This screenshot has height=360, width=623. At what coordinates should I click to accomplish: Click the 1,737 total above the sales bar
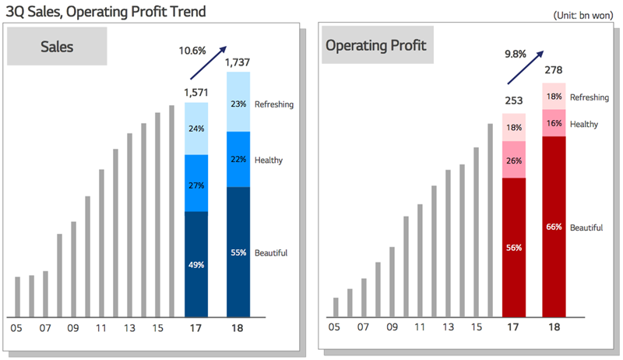238,62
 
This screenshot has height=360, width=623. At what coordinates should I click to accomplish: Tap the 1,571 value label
196,93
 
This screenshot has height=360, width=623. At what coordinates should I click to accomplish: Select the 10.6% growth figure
192,51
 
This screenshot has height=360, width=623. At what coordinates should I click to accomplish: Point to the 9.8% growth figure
516,54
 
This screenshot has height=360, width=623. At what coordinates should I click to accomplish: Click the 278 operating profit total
554,70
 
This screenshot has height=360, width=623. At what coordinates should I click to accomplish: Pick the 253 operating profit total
514,101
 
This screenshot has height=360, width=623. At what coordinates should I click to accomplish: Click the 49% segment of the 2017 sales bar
196,264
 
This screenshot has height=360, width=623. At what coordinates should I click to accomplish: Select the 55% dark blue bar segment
238,252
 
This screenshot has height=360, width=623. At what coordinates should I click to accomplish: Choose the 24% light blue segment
196,129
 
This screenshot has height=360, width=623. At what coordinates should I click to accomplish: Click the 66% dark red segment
554,227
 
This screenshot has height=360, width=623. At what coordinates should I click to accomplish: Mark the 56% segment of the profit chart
514,248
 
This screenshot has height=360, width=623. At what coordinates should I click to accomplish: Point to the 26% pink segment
514,160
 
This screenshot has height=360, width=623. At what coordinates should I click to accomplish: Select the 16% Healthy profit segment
554,123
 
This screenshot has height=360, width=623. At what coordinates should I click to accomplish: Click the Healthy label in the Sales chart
269,161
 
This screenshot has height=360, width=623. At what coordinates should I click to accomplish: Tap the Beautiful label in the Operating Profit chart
586,228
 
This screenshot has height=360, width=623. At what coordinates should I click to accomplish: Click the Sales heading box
57,46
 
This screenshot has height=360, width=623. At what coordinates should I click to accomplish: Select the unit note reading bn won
583,16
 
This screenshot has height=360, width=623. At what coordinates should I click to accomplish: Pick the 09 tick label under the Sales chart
72,328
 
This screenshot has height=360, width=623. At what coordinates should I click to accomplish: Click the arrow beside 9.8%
525,68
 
